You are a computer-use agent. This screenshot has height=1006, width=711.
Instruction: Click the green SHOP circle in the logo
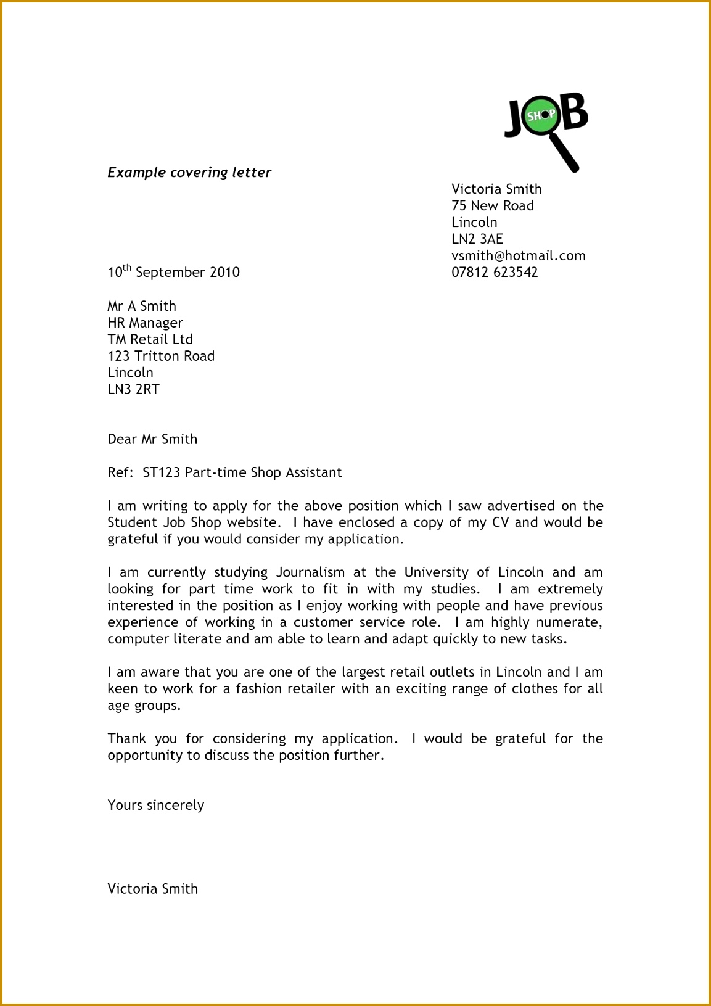(x=541, y=115)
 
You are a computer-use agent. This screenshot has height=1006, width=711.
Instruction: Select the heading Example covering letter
(x=189, y=173)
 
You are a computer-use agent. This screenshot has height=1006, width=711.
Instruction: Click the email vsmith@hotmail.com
(x=518, y=256)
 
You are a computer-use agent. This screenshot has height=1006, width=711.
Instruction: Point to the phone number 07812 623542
(x=495, y=273)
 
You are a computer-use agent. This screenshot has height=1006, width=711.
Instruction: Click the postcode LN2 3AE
(x=477, y=239)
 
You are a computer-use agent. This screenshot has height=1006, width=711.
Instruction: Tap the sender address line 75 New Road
(x=492, y=206)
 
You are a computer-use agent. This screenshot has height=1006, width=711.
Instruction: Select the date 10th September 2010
(x=173, y=272)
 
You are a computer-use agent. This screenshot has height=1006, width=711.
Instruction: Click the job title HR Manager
(x=145, y=323)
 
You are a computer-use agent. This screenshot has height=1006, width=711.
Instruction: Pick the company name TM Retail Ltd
(x=150, y=340)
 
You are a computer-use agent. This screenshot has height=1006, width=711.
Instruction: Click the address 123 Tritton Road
(x=161, y=357)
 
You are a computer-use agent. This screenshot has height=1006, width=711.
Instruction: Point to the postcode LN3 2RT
(x=133, y=390)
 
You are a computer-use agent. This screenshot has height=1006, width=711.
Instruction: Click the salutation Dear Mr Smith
(x=152, y=440)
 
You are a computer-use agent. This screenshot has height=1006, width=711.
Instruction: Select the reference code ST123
(x=161, y=473)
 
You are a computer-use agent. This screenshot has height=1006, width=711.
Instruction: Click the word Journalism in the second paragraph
(x=310, y=572)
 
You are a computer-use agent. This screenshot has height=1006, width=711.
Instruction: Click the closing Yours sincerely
(x=155, y=806)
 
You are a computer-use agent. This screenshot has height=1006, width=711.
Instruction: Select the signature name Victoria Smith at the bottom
(x=152, y=889)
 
